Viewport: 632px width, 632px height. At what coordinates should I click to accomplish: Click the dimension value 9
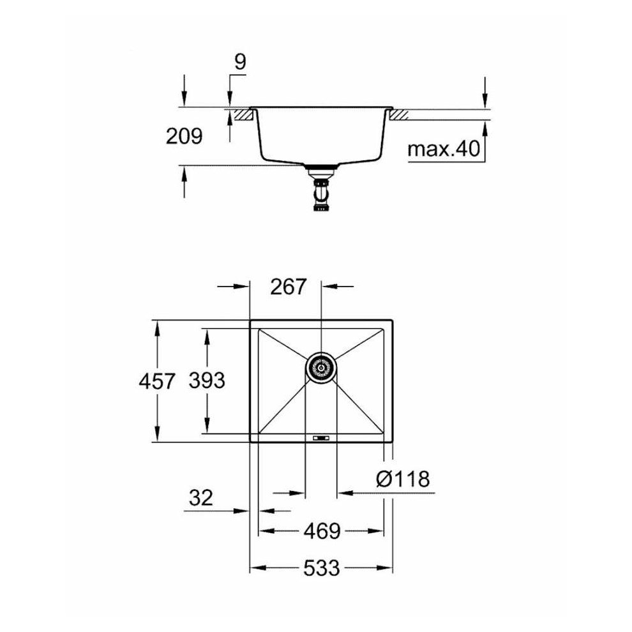(x=240, y=63)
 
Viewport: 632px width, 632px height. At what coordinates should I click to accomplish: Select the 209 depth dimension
(x=184, y=136)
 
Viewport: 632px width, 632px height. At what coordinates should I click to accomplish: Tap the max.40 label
(x=444, y=149)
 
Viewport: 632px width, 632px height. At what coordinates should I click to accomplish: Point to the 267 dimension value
(x=289, y=287)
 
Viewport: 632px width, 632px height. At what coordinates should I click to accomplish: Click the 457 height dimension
(x=157, y=381)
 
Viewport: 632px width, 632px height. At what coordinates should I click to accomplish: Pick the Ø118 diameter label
(x=403, y=479)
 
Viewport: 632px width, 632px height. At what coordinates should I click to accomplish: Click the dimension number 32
(x=200, y=497)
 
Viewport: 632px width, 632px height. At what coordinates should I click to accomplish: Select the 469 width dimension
(x=322, y=531)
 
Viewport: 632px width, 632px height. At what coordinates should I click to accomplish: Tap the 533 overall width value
(x=321, y=568)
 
